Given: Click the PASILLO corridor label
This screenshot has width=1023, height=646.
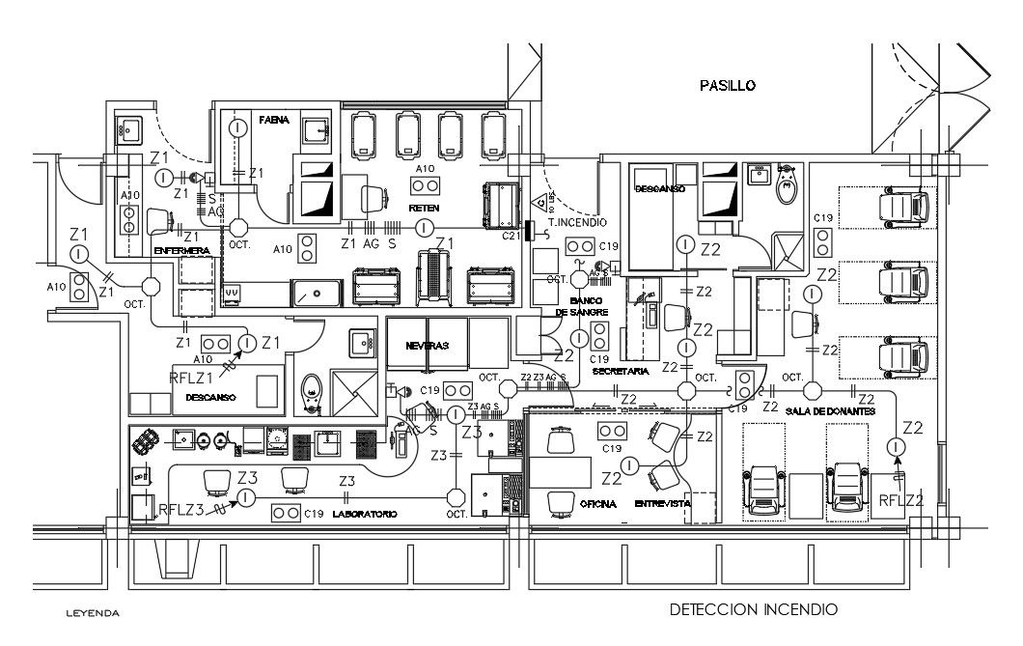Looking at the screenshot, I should click(727, 86).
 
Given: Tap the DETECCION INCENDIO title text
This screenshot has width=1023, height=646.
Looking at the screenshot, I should click(754, 609).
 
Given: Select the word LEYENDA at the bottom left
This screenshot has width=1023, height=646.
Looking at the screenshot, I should click(92, 613).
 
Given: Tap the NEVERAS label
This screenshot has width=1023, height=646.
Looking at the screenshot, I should click(427, 345).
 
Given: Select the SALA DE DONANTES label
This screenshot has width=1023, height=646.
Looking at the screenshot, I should click(829, 411).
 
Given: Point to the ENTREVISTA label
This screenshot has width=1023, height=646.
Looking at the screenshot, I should click(662, 504).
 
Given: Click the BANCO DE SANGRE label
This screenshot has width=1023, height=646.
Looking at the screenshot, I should click(582, 306).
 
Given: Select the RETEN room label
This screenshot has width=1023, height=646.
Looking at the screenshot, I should click(424, 208).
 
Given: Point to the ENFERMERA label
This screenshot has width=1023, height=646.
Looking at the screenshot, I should click(182, 251).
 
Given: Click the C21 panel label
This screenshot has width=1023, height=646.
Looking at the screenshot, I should click(511, 235).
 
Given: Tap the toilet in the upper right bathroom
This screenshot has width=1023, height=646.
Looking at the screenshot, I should click(787, 186).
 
